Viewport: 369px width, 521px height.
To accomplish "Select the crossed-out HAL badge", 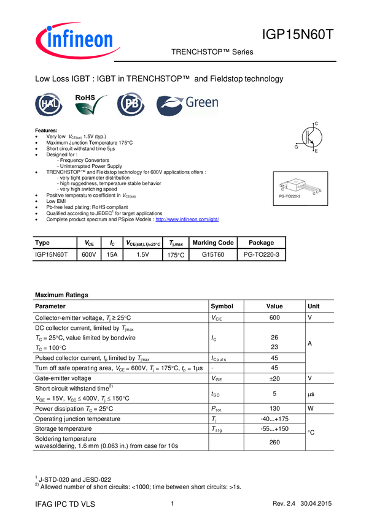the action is click(49, 105).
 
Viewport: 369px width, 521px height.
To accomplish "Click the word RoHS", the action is click(85, 97).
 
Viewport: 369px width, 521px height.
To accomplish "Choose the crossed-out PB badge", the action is click(131, 105).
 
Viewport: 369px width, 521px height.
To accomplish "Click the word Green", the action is click(202, 103).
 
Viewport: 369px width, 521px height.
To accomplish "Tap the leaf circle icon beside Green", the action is click(168, 105).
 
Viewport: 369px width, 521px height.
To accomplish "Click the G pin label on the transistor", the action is click(314, 194).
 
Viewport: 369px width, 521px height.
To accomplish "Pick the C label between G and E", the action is click(317, 191).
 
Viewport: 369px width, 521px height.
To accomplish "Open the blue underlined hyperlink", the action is click(188, 219).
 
